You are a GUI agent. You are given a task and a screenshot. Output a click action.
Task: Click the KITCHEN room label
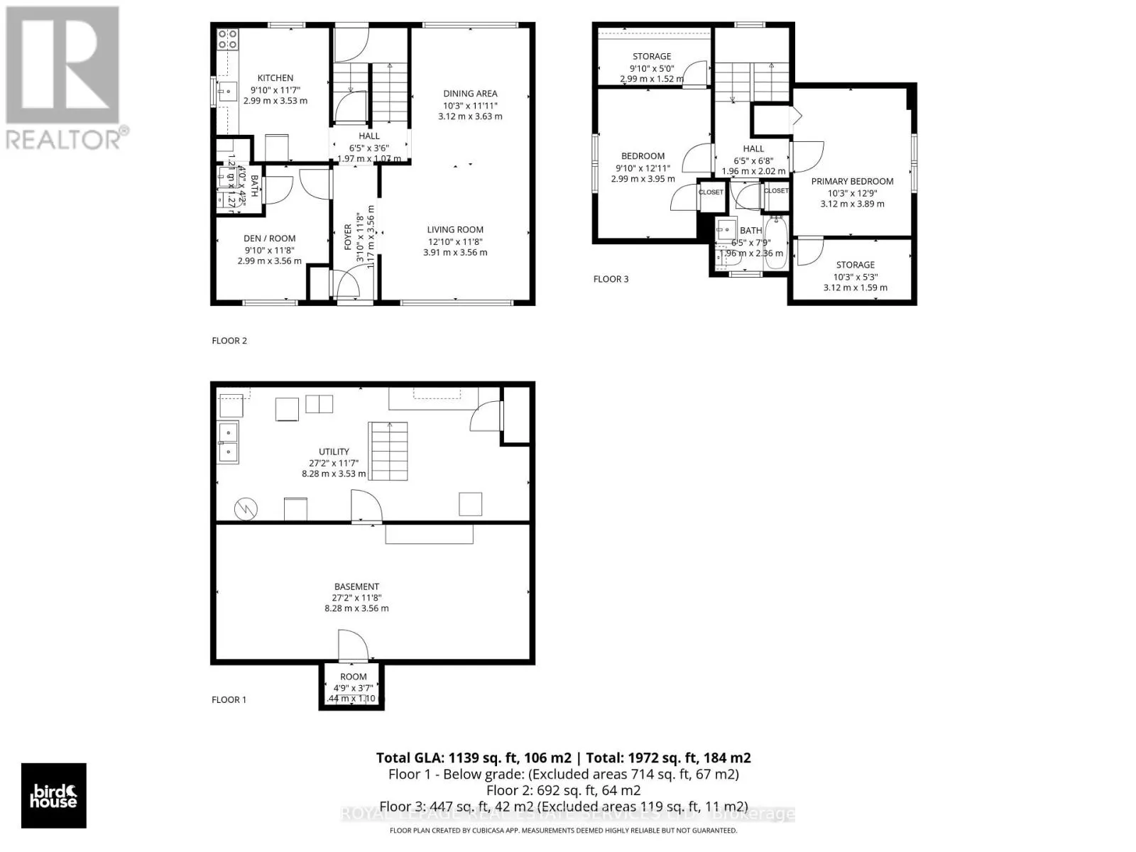[x=275, y=78]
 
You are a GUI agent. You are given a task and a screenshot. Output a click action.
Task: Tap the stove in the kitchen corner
[x=228, y=38]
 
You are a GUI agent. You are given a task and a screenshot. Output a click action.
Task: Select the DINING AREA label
[x=470, y=94]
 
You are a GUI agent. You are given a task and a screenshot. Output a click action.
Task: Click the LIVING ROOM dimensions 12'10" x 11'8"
[x=455, y=241]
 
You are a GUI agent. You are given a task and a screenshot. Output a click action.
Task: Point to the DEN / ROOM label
[x=269, y=239]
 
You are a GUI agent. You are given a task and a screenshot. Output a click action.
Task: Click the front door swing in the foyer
[x=347, y=285]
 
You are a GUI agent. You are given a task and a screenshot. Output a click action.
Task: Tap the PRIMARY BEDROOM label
[x=852, y=181]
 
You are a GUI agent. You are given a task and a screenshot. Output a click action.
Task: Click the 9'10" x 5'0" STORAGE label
[x=652, y=57]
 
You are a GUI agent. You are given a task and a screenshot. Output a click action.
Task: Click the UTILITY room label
[x=334, y=452]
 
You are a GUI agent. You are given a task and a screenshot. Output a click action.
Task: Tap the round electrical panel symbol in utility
[x=246, y=508]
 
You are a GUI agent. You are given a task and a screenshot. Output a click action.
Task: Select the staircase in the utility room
[x=388, y=451]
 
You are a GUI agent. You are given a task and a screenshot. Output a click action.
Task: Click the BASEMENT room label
[x=356, y=586]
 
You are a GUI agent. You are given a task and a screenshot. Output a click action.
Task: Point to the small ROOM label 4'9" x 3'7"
[x=353, y=677]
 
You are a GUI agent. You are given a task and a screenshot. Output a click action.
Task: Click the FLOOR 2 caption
[x=229, y=341]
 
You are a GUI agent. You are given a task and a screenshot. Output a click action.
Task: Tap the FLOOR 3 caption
[x=611, y=279]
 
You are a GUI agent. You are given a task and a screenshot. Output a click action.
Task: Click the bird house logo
[x=54, y=795]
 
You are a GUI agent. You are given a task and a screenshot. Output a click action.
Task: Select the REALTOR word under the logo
[x=64, y=138]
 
